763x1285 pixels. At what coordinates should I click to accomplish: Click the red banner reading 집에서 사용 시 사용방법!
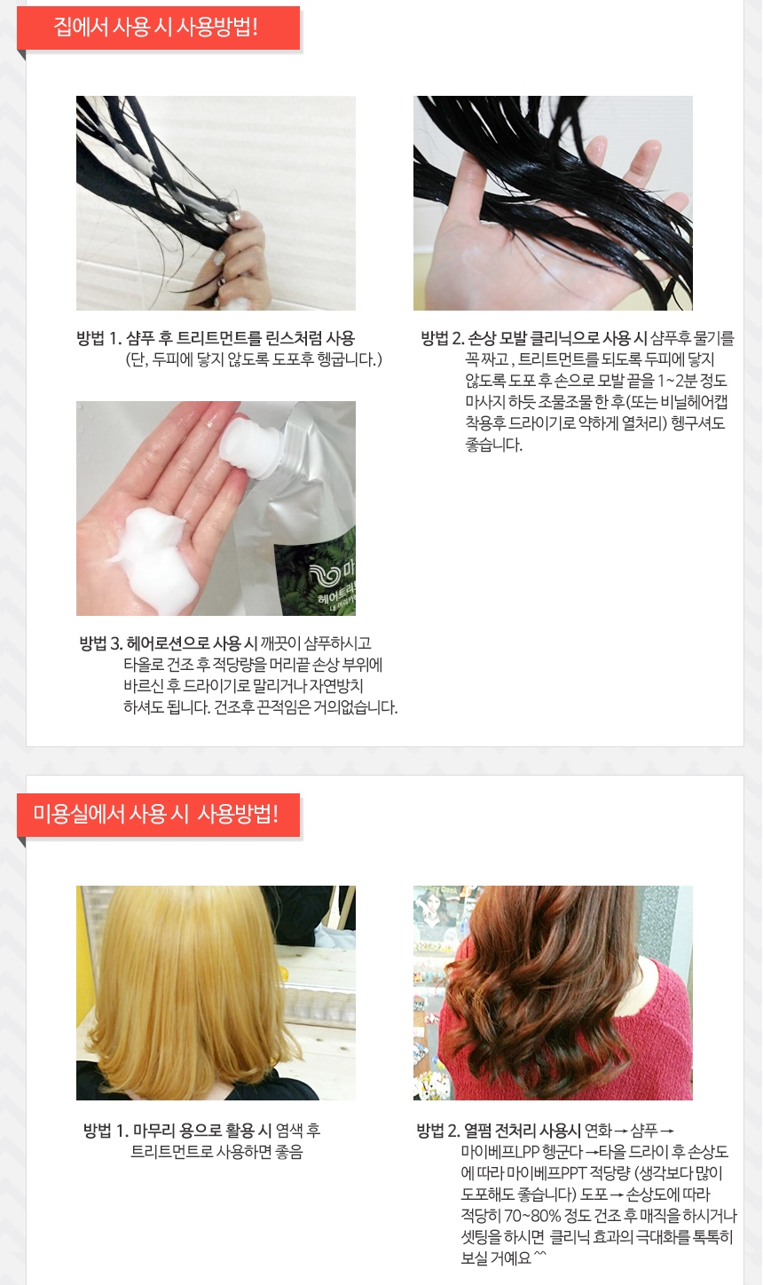(158, 28)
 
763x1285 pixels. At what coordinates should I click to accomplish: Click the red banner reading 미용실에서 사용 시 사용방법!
(158, 815)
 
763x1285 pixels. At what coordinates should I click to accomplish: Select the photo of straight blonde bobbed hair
(216, 992)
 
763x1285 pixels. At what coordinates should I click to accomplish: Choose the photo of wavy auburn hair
(553, 992)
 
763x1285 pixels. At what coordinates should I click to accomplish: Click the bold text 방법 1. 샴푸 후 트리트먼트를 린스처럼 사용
(216, 338)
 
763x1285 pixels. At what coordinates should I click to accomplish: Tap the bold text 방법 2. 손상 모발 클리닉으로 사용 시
(533, 338)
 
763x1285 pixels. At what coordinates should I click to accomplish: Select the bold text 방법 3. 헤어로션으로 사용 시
(168, 643)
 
